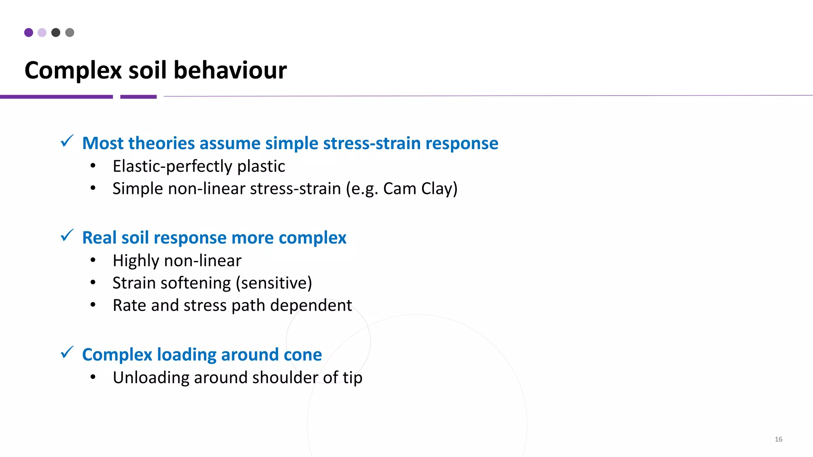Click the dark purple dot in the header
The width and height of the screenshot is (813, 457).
29,33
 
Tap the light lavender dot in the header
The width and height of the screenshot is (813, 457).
42,33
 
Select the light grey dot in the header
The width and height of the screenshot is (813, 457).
70,33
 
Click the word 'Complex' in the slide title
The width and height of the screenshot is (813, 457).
73,71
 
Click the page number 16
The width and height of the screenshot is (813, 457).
778,439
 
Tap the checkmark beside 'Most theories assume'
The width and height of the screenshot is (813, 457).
67,141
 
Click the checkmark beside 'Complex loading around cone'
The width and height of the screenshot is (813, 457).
67,352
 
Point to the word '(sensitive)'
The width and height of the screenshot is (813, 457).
274,283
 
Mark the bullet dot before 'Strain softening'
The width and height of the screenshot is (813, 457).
93,282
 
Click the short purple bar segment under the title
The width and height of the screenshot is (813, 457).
139,96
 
